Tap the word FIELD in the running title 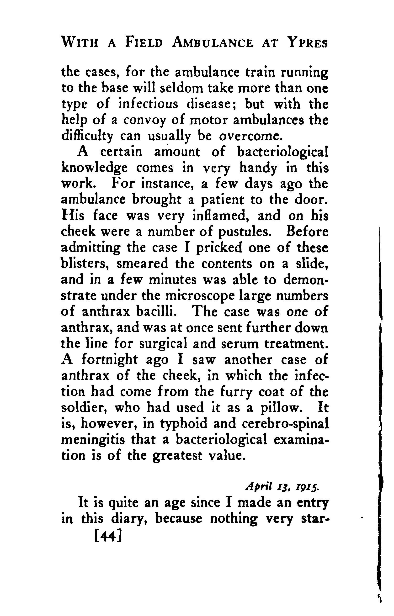144,42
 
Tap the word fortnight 110,360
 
